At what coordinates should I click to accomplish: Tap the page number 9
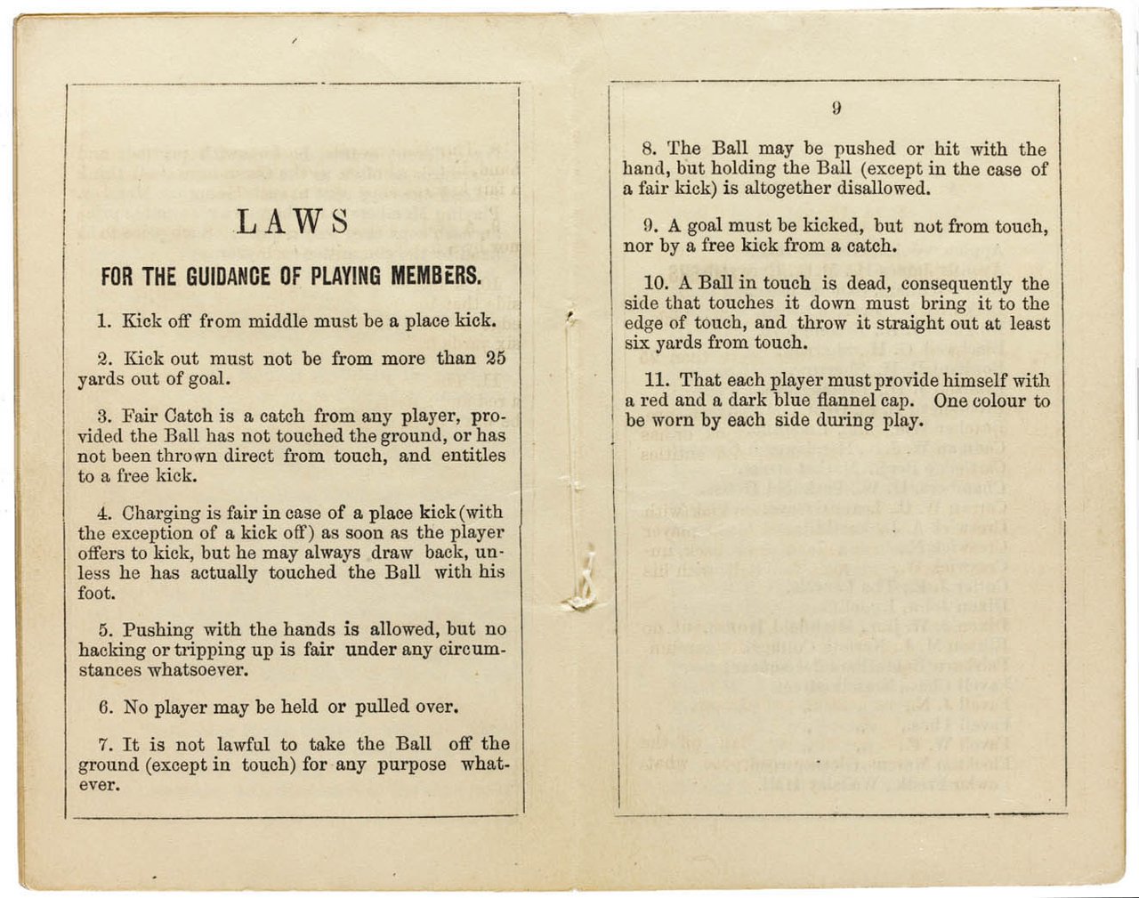836,109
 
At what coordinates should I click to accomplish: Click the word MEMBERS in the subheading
436,277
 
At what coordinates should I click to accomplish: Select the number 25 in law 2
496,359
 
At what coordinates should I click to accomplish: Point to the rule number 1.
103,321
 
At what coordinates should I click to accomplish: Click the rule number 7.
104,745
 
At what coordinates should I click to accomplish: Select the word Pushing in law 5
156,629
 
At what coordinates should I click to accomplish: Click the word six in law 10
637,344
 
